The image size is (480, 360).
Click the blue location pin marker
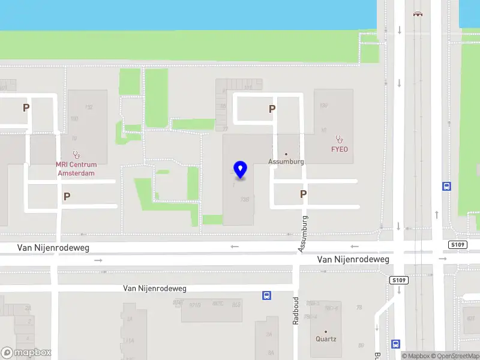pos(241,170)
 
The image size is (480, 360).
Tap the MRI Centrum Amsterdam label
pos(76,169)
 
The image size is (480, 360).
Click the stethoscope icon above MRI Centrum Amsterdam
pos(76,154)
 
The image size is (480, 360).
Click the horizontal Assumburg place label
pos(286,161)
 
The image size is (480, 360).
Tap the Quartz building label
pos(326,339)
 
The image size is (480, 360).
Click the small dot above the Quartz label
pos(326,331)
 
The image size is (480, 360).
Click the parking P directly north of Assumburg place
pos(272,109)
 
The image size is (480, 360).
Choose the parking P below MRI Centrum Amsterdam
pos(67,196)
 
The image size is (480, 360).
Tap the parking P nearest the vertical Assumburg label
pos(304,194)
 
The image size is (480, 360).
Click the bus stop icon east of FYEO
pos(446,186)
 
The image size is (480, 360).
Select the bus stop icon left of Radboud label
pos(266,295)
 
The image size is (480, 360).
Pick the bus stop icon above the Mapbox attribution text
pos(395,344)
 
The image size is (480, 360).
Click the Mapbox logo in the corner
pos(26,353)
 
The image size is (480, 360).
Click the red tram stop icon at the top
pos(417,13)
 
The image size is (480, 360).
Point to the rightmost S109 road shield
pos(458,245)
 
